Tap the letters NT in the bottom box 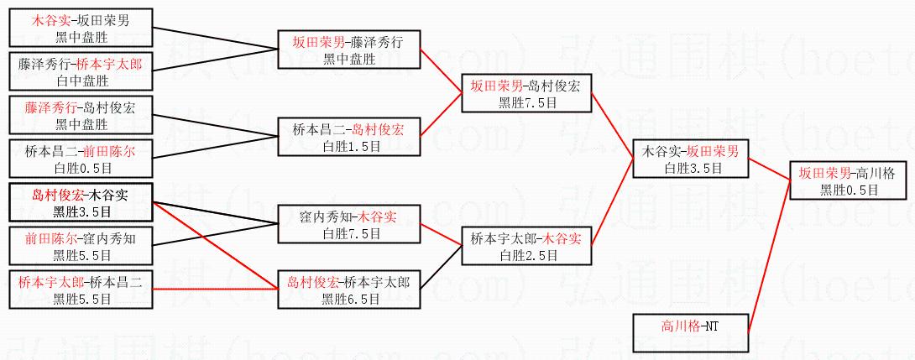coord(710,325)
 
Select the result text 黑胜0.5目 coord(850,190)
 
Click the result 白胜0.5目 coord(81,167)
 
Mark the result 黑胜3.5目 coord(81,211)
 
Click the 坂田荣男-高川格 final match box coord(850,181)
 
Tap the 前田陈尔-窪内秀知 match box coord(81,246)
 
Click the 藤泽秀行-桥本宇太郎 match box coord(81,71)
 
